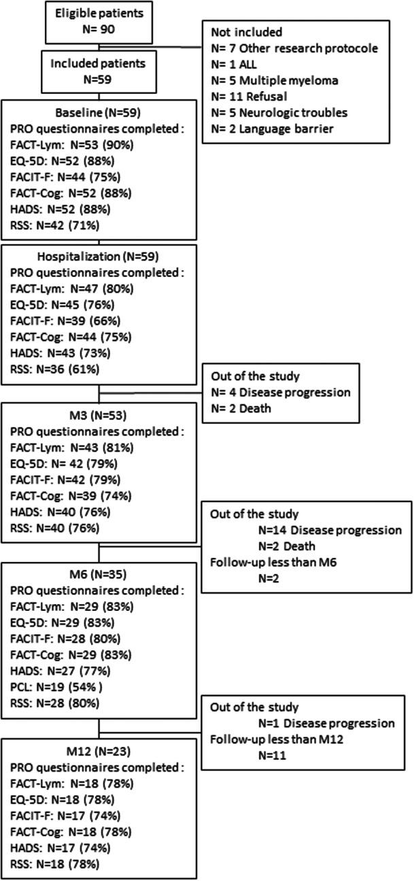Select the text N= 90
(x=100, y=29)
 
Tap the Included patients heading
(x=100, y=62)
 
